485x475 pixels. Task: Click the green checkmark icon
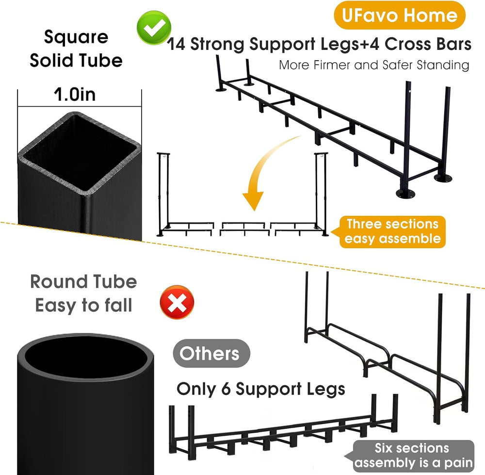154,28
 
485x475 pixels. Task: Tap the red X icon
177,302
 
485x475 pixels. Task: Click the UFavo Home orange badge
400,15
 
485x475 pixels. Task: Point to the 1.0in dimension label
75,94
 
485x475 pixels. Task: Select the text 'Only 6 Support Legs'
261,389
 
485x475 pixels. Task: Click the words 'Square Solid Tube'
76,49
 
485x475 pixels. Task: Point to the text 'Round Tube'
83,281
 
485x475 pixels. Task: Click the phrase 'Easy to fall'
83,305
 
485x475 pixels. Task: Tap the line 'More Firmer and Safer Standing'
374,66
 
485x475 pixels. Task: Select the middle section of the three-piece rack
242,229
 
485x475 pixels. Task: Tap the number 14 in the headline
176,44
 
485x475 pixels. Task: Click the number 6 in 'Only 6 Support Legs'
226,389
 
